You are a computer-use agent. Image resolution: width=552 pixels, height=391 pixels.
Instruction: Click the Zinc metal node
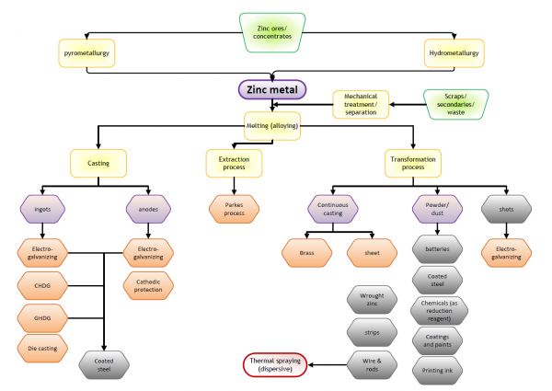point(273,90)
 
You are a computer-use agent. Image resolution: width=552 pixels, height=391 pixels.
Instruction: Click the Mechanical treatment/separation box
point(361,104)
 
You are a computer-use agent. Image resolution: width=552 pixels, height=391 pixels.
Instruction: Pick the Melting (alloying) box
point(273,125)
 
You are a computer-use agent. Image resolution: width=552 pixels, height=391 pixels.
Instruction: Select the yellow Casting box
point(98,163)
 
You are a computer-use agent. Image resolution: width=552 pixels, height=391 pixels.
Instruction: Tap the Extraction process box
point(234,163)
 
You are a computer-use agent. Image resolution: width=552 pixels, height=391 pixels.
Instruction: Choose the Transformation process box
point(411,163)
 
